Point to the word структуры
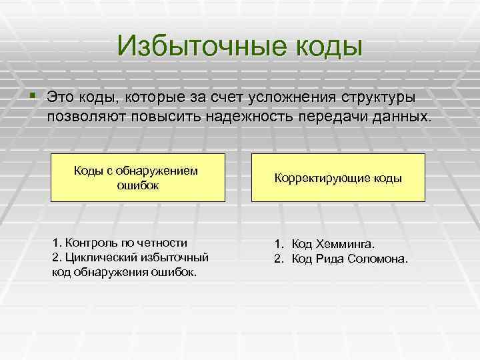pyautogui.click(x=379, y=97)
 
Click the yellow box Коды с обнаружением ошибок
pyautogui.click(x=138, y=177)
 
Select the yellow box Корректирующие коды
pyautogui.click(x=338, y=177)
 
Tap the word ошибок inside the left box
pyautogui.click(x=138, y=185)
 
